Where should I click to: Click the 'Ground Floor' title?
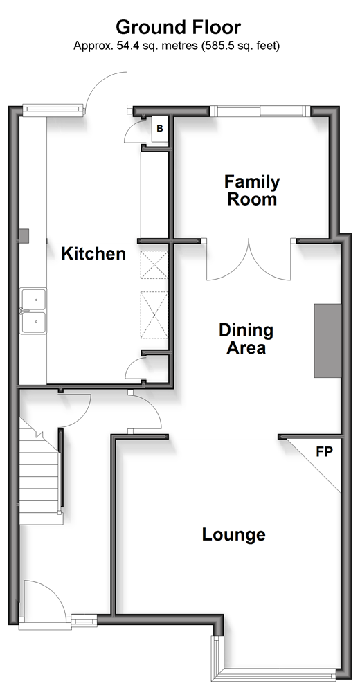coord(178,27)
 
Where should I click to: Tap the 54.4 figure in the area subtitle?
coord(125,46)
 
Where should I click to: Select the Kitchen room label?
coord(93,253)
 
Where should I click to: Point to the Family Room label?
coord(252,190)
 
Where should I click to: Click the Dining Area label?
coord(246,338)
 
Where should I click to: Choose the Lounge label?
coord(233,534)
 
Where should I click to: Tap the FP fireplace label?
coord(325,452)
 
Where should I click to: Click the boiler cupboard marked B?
coord(160,129)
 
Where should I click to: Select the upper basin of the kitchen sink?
coord(33,299)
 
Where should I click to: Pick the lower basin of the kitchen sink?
coord(33,323)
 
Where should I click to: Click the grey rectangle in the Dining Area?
coord(327,341)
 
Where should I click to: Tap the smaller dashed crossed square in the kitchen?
coord(154,264)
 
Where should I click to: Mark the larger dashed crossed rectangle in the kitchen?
coord(154,315)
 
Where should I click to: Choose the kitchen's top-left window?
coord(52,109)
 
